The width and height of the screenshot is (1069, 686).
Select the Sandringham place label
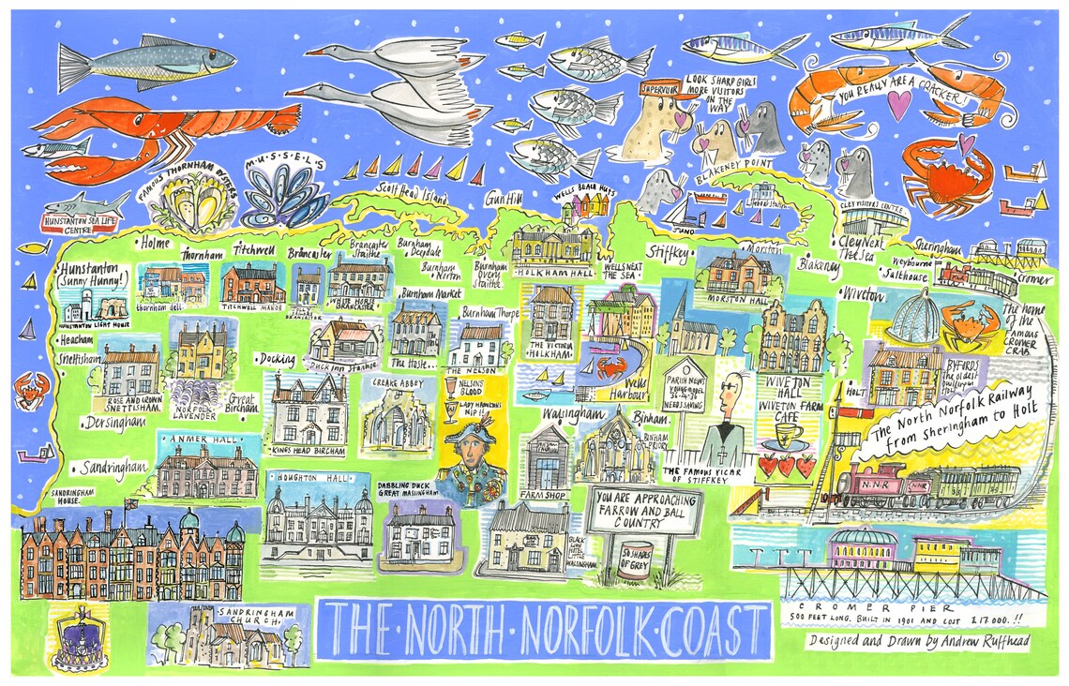[x=114, y=466]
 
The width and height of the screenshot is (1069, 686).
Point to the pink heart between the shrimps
[x=898, y=105]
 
